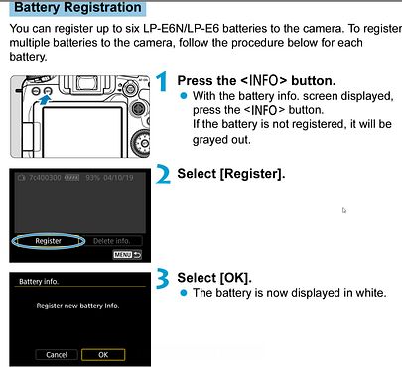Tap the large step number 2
tap(163, 177)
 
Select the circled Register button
tap(48, 240)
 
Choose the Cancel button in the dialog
tap(56, 354)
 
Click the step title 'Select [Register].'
tap(230, 175)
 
